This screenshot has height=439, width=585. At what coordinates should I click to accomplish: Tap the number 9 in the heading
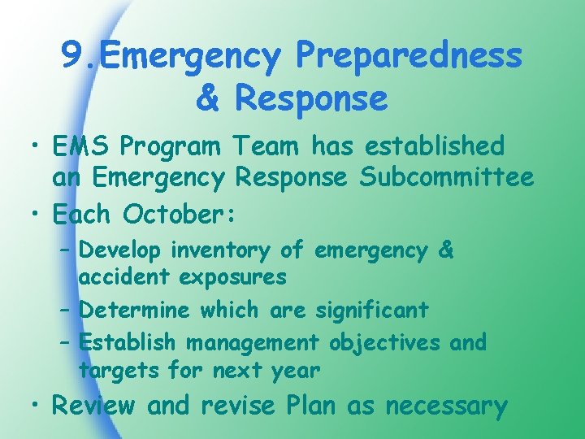[x=71, y=57]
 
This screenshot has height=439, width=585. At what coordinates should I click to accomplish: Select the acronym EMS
[x=81, y=146]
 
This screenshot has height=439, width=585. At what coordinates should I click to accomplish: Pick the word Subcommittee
[x=458, y=176]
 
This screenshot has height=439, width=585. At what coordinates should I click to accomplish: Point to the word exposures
[x=232, y=278]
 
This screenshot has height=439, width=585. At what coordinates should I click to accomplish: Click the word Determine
[x=136, y=310]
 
